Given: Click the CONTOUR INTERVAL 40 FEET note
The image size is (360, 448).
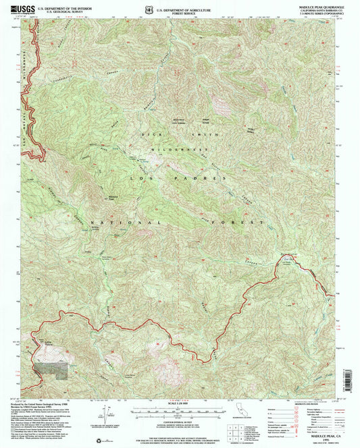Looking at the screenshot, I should pyautogui.click(x=179, y=420).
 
